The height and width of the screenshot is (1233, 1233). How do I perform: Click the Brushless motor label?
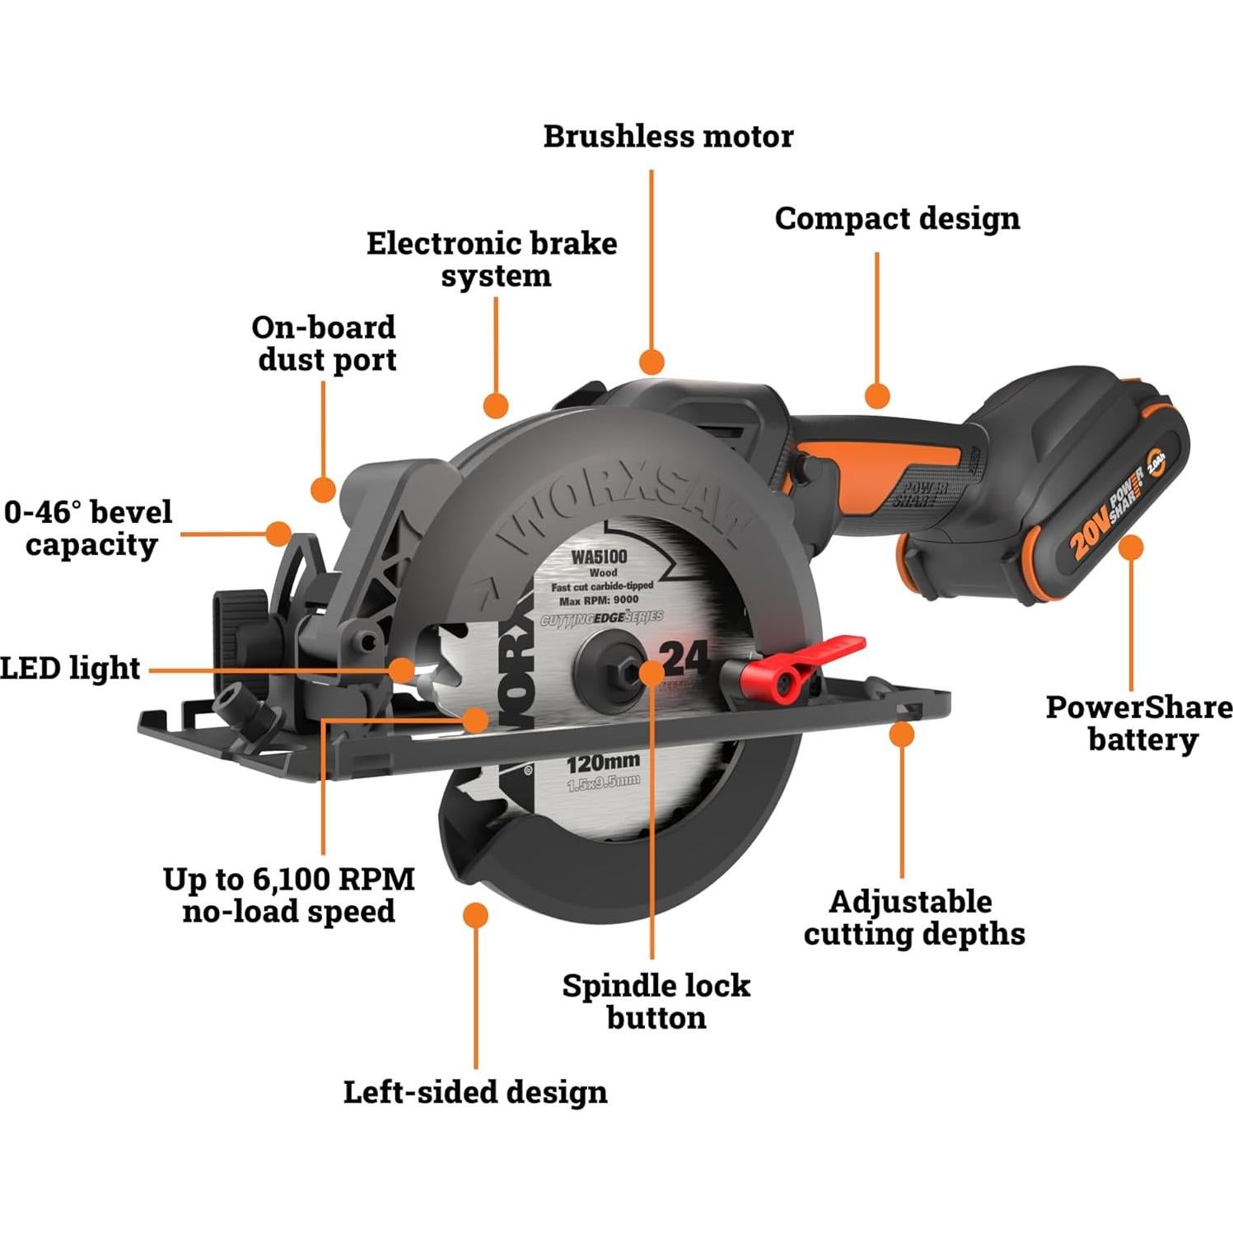click(x=668, y=137)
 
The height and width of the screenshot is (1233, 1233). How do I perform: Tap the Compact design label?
click(x=897, y=219)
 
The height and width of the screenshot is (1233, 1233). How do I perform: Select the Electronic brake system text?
click(x=493, y=259)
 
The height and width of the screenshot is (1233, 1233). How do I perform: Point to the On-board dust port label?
click(x=325, y=343)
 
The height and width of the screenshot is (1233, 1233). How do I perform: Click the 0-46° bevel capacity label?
click(x=89, y=528)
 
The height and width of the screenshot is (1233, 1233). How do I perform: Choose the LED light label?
click(x=70, y=668)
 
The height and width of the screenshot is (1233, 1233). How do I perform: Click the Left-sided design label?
click(x=475, y=1092)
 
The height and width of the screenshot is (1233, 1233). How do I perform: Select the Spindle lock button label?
click(x=656, y=1001)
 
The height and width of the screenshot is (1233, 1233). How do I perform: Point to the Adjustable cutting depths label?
click(x=913, y=918)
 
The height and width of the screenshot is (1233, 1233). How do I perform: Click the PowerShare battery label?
click(x=1139, y=723)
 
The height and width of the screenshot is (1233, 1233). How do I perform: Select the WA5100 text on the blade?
click(x=600, y=557)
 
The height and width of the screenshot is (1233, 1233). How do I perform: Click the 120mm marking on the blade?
click(x=603, y=763)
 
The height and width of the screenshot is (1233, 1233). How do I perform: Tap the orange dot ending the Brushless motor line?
click(x=652, y=362)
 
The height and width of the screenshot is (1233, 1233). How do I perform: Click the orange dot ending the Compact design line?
click(x=877, y=395)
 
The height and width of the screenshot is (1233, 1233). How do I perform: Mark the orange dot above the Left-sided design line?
click(x=475, y=915)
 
